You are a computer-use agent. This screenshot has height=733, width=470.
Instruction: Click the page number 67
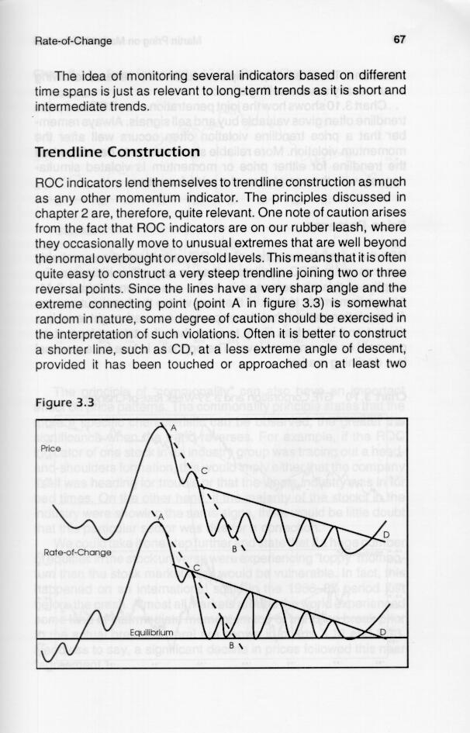click(400, 40)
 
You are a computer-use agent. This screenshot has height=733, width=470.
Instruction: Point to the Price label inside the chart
click(51, 449)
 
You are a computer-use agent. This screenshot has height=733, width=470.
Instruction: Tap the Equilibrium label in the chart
click(143, 632)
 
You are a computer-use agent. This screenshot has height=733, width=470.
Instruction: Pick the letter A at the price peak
click(172, 427)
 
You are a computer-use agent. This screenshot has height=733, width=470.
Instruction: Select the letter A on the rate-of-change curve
click(161, 517)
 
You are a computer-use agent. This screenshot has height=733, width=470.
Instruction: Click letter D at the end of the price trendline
click(385, 534)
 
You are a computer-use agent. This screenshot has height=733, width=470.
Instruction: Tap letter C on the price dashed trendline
click(204, 471)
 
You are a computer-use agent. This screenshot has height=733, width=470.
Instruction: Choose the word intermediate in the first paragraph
click(70, 106)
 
